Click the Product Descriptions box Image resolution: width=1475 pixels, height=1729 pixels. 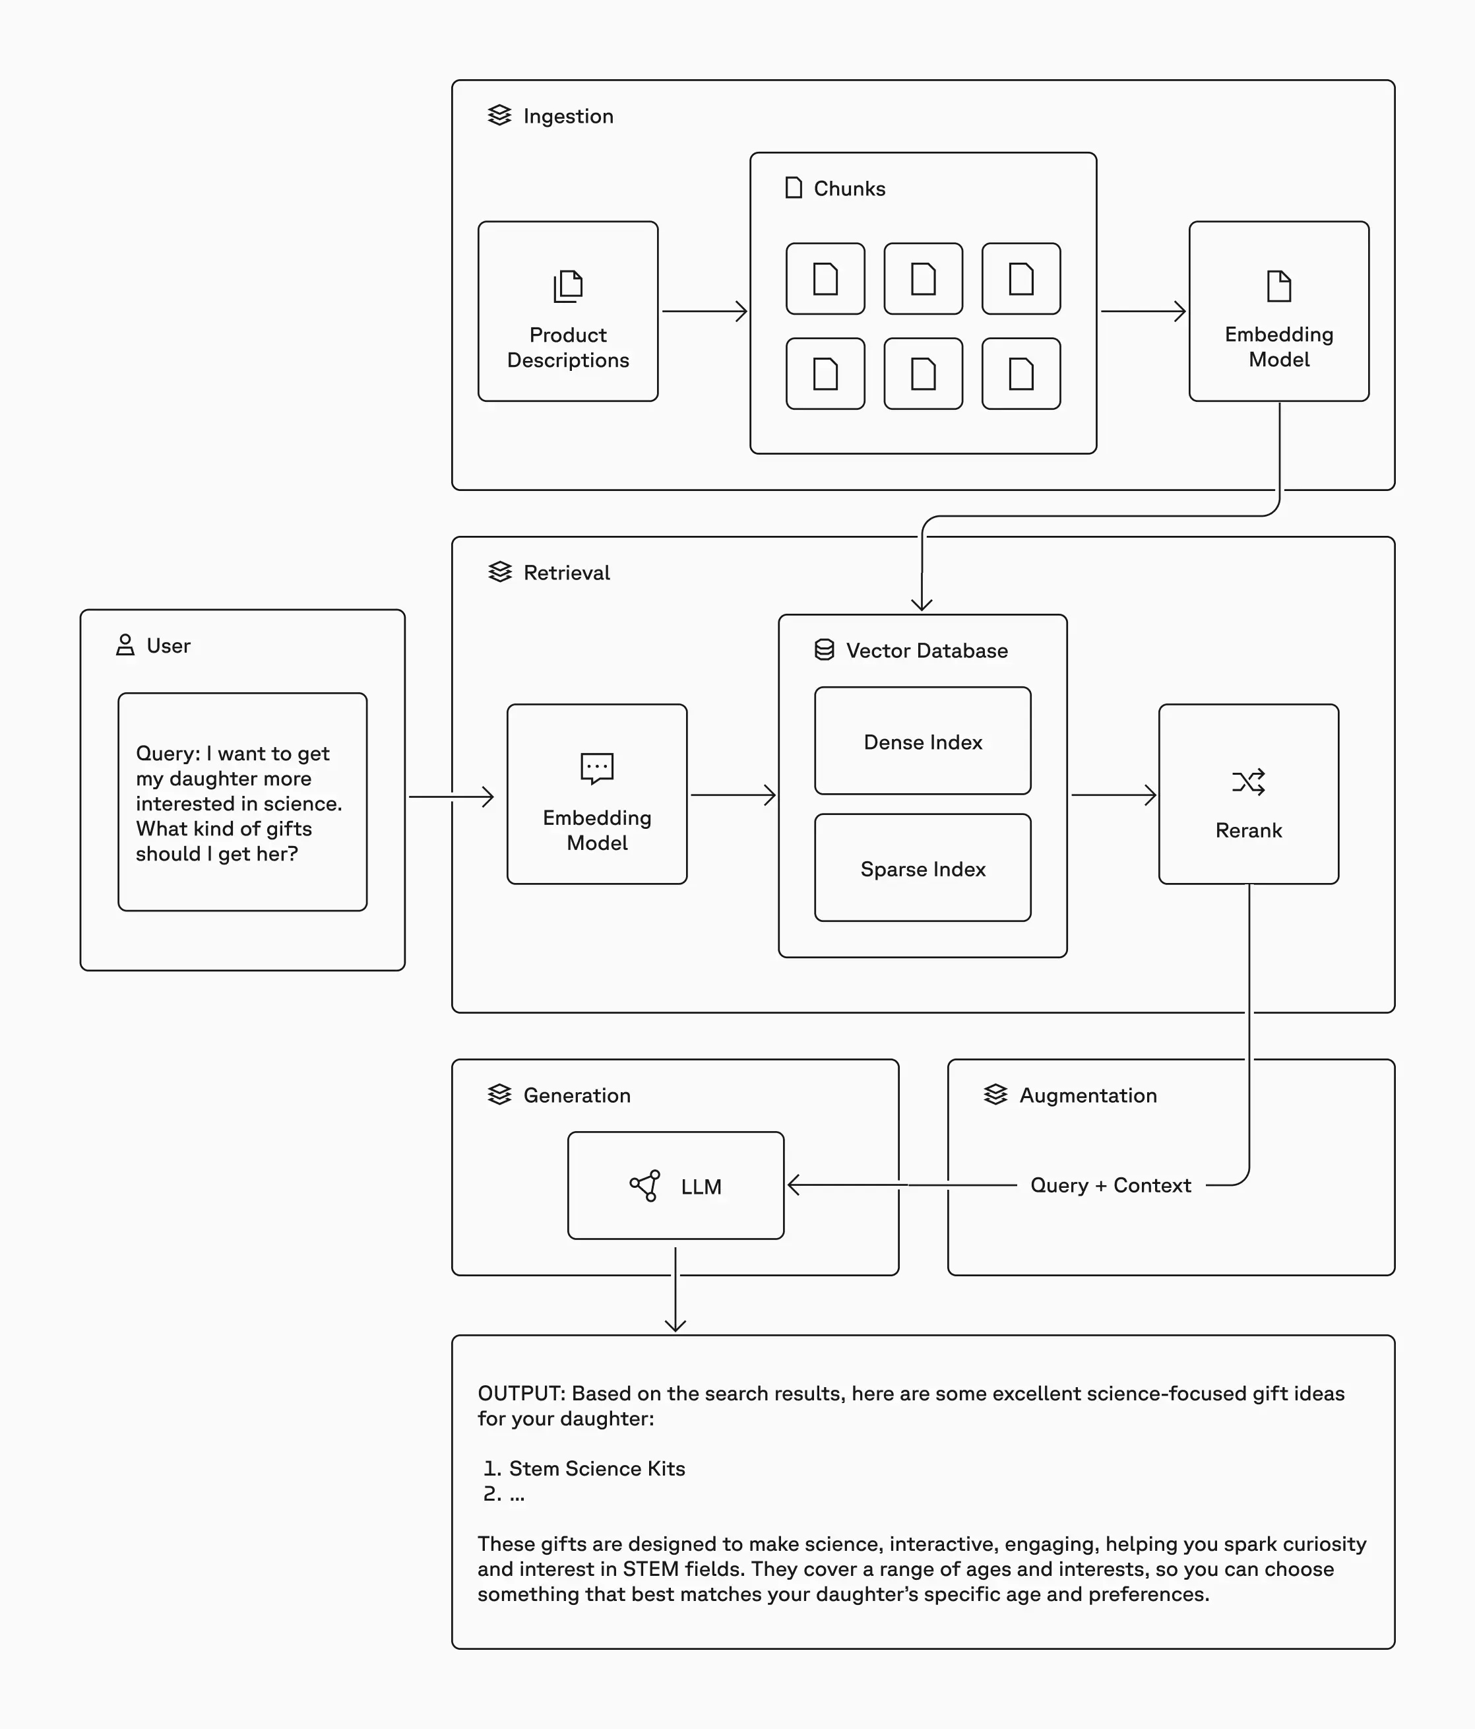coord(567,311)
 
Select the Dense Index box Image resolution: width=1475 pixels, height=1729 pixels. coord(922,741)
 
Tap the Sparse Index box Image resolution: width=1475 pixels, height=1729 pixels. coord(922,868)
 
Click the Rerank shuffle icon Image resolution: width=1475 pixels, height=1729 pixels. coord(1248,782)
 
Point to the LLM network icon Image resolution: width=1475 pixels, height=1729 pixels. coord(645,1186)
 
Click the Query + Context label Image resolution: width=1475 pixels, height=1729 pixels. coord(1110,1185)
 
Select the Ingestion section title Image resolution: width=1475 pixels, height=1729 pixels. coord(568,116)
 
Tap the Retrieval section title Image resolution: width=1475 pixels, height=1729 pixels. coord(567,572)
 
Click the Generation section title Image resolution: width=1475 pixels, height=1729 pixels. coord(577,1095)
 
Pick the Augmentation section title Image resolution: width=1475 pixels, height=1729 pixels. coord(1088,1095)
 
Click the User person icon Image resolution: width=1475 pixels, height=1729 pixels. coord(125,645)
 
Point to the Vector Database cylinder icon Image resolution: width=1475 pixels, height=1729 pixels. coord(825,650)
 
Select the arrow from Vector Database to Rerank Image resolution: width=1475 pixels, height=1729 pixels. coord(1113,795)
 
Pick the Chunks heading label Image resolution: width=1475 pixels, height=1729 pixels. coord(849,189)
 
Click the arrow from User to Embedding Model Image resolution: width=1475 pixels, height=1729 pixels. coord(451,797)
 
